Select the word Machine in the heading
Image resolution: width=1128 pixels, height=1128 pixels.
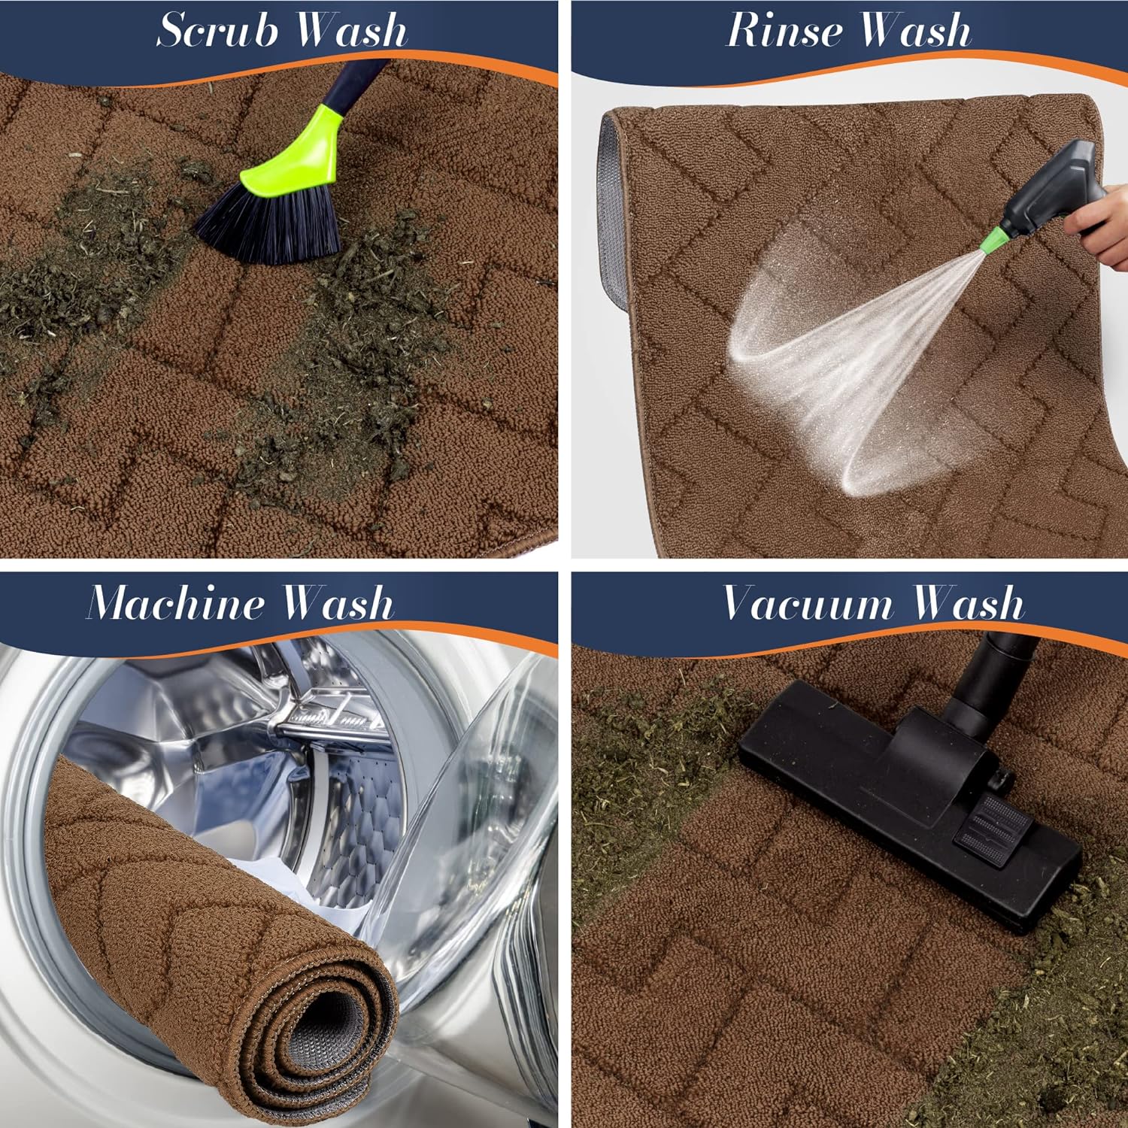175,602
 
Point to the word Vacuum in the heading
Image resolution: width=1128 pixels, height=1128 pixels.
808,602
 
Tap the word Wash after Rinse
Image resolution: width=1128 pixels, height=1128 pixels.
915,30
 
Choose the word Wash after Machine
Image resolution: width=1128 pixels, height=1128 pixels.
338,602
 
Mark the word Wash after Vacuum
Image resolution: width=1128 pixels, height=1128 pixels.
968,602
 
